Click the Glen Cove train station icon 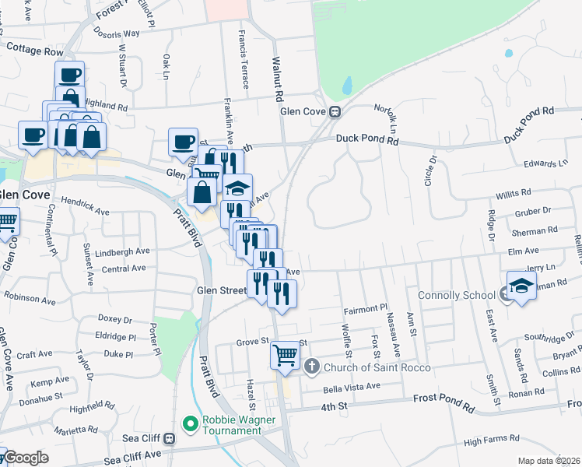coord(335,111)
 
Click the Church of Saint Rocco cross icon coord(311,366)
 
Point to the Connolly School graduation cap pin coord(521,285)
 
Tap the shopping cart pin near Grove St coord(286,355)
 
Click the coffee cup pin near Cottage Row coord(69,75)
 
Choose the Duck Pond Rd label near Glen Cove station coord(367,140)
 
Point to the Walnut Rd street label coord(277,79)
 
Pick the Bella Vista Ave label coord(352,387)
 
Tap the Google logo coord(25,458)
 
